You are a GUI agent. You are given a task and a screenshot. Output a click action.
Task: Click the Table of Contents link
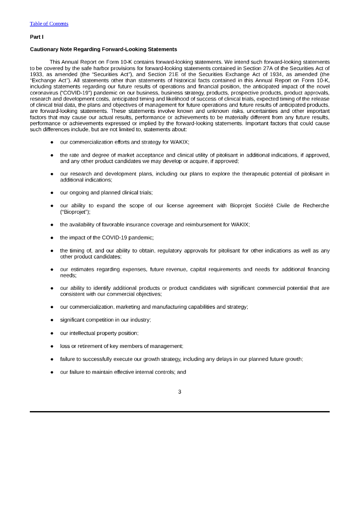(x=49, y=24)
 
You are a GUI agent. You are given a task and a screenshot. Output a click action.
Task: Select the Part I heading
(x=36, y=37)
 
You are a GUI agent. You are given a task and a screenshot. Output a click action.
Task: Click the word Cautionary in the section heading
(x=44, y=50)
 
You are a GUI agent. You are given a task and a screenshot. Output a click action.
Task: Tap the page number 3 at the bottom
(x=180, y=392)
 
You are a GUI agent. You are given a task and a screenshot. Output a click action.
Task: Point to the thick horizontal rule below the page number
(x=180, y=412)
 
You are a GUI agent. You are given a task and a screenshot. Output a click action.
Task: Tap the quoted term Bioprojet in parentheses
(x=75, y=212)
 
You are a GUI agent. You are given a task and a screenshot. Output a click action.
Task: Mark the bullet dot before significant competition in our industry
(x=52, y=320)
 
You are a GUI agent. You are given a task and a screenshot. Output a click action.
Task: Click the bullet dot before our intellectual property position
(x=52, y=333)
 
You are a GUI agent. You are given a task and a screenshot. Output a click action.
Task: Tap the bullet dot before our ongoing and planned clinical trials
(x=52, y=193)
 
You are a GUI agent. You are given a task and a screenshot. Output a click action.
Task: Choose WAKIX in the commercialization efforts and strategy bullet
(x=178, y=142)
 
